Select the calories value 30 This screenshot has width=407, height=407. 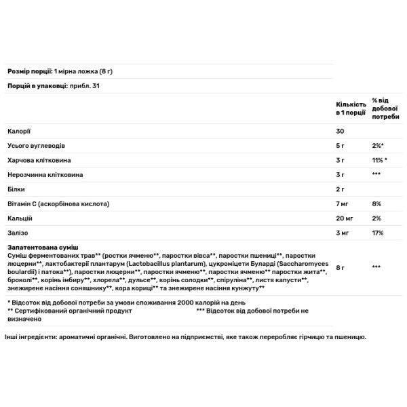click(x=340, y=130)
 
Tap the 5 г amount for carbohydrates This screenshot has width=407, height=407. click(x=341, y=145)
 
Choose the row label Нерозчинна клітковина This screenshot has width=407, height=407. click(x=41, y=174)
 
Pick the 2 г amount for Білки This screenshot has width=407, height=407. click(x=341, y=189)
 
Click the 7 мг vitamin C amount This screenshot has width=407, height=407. click(x=343, y=203)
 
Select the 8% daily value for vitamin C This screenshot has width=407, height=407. click(x=377, y=203)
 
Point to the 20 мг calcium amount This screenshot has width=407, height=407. click(x=345, y=218)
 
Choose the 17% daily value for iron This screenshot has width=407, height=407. click(x=378, y=233)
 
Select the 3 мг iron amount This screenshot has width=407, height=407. click(x=343, y=233)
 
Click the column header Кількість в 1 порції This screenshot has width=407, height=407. click(x=351, y=108)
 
